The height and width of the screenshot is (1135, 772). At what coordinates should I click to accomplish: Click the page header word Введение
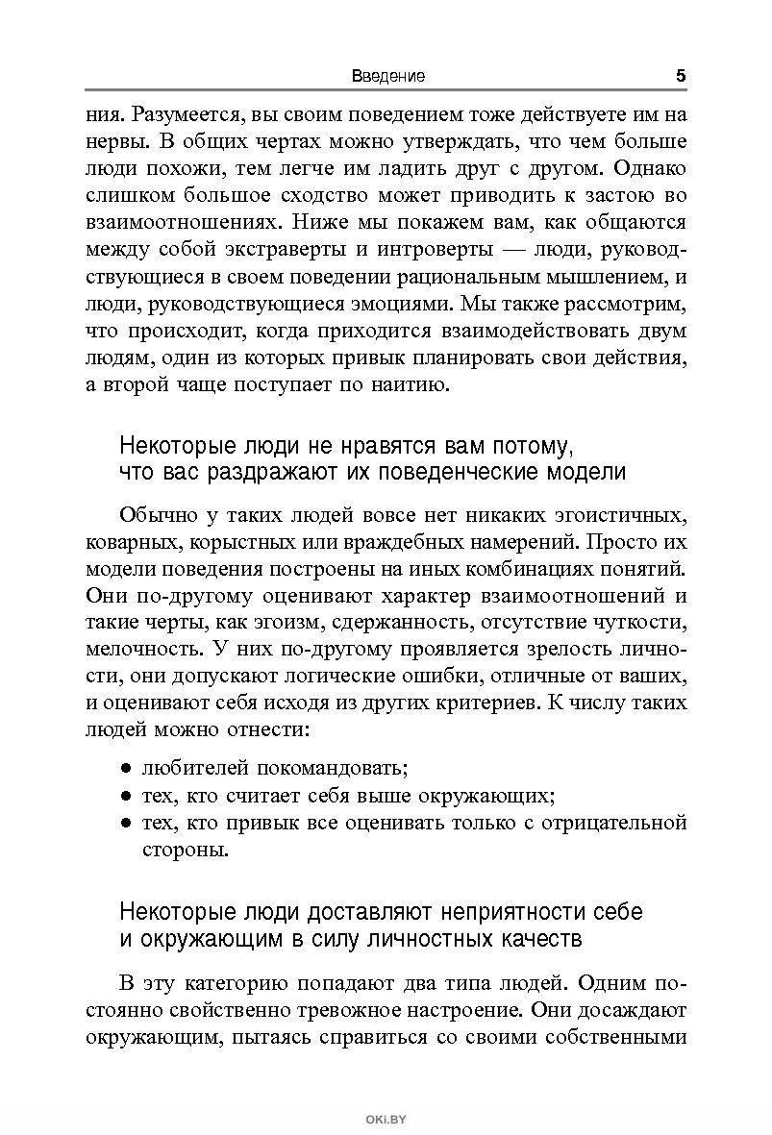[387, 76]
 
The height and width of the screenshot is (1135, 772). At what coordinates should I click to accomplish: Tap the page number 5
[680, 75]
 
